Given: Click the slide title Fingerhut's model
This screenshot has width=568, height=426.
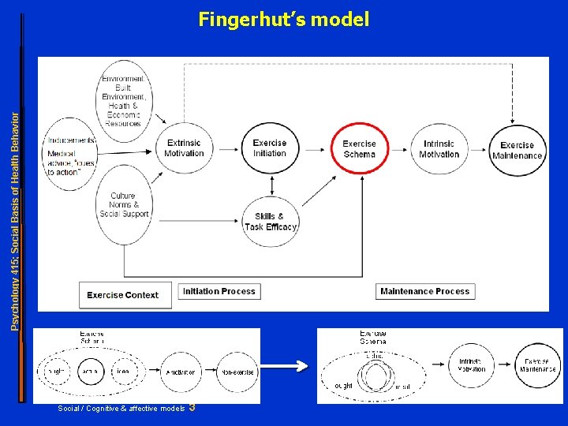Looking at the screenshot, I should (283, 19).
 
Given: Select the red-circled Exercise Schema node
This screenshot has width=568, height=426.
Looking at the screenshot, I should (359, 149).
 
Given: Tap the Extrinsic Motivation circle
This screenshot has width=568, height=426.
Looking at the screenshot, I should (184, 148).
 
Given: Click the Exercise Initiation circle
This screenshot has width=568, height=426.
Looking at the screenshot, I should (270, 148).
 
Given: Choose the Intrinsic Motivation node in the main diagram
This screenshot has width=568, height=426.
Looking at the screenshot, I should (439, 149).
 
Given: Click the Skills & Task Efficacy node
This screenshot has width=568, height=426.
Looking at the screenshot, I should (270, 222).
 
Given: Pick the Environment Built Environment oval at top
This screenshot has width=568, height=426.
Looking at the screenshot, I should (122, 100).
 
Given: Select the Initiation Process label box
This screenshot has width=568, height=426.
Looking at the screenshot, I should (219, 291).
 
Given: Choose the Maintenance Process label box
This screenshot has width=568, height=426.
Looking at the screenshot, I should (424, 291).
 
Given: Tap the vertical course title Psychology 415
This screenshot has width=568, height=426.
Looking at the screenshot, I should (14, 209).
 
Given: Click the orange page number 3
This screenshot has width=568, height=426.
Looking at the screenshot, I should (192, 407).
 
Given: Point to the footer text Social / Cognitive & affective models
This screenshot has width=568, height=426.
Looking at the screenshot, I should (121, 408).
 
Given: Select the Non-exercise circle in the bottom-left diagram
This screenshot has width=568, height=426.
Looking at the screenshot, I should (237, 372).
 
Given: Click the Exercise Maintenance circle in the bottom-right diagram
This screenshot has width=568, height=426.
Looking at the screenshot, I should (539, 365).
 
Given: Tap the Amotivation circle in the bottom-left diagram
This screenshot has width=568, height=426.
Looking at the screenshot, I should (181, 372).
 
